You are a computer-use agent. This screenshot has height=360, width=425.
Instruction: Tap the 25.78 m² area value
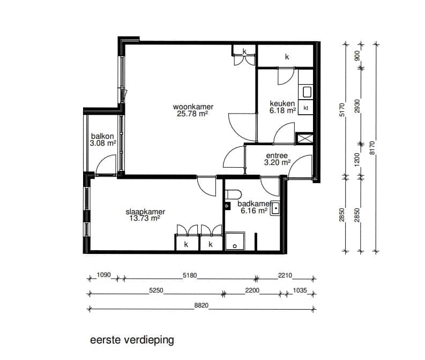(191, 114)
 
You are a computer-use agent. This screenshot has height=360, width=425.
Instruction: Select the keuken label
(282, 103)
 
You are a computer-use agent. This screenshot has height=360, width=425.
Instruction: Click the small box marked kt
(306, 108)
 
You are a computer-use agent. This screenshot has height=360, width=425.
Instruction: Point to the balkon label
(102, 136)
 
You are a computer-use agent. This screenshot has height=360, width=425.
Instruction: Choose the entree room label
(277, 156)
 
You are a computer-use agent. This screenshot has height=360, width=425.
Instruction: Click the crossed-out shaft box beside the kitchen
(304, 138)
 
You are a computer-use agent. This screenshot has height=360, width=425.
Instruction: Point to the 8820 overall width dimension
(201, 306)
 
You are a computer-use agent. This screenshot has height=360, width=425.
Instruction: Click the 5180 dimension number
(190, 276)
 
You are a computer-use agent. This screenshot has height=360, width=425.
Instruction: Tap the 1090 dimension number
(103, 276)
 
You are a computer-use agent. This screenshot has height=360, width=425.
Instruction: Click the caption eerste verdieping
(132, 340)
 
